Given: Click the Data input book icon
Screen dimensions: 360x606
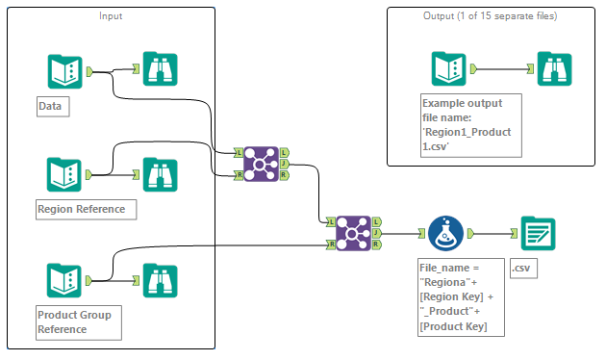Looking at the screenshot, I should [x=64, y=70].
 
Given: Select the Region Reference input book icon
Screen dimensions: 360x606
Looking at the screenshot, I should [x=64, y=174].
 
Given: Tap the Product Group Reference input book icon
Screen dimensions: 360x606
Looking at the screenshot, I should [x=64, y=280].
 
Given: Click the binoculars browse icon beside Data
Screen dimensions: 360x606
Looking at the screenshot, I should [x=160, y=70].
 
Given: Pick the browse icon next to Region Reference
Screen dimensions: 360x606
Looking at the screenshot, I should [x=160, y=174].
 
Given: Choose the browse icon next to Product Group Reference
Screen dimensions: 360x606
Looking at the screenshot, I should [x=160, y=280].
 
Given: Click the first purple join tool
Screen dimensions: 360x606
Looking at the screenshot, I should [x=262, y=165].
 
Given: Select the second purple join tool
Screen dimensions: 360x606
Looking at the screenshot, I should [x=355, y=233].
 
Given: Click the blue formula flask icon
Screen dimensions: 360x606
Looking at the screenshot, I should [x=445, y=233].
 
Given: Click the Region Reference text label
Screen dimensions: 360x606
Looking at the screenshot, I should [x=81, y=209].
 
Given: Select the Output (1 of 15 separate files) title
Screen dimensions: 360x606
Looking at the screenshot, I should [x=491, y=16].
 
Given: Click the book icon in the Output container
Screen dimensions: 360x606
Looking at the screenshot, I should [x=449, y=69].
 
